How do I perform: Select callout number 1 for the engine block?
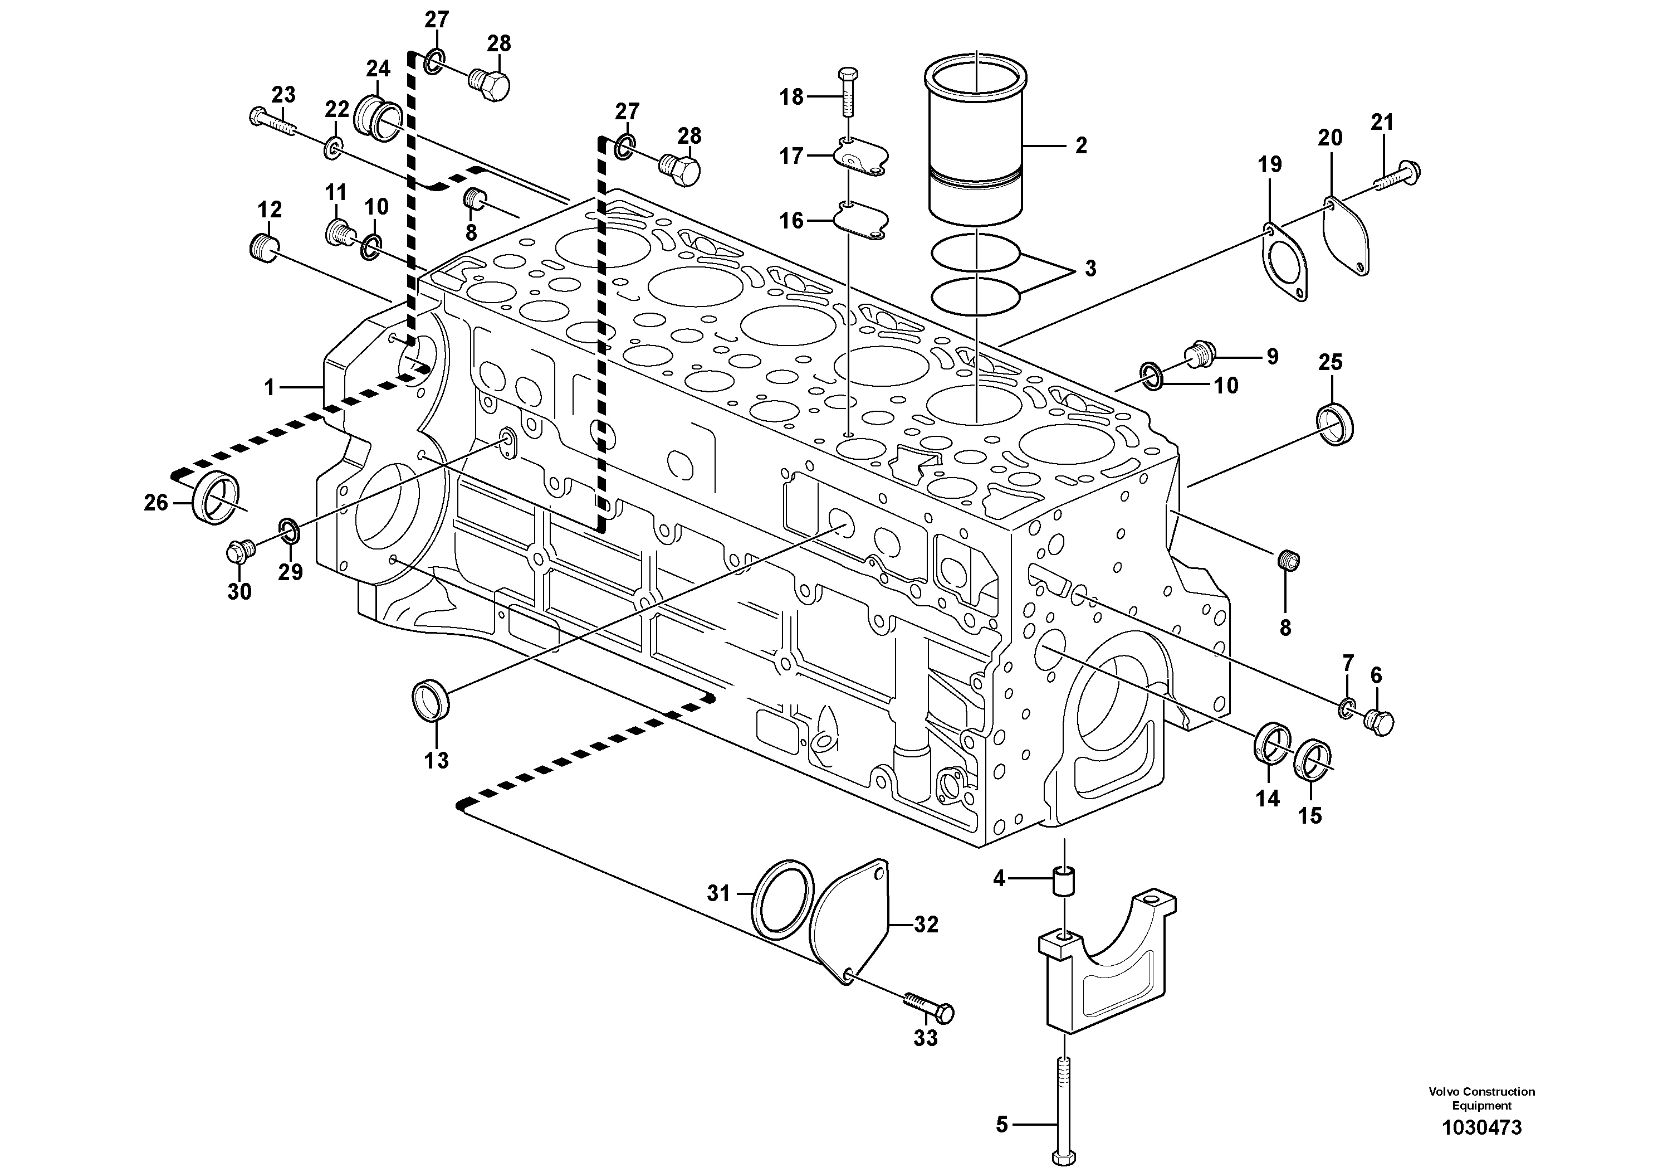coord(270,388)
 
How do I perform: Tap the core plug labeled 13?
coord(431,699)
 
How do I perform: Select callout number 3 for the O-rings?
coord(1090,268)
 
